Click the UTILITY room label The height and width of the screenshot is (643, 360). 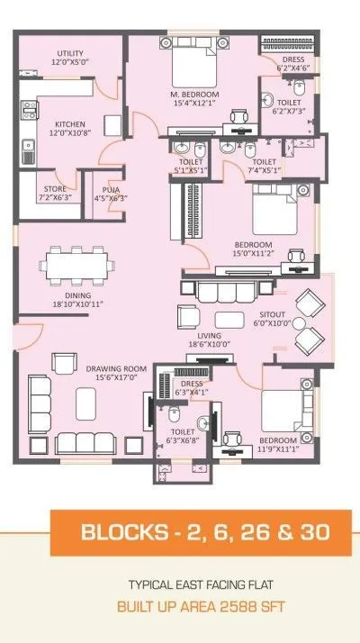coord(69,53)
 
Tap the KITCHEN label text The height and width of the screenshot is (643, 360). coord(70,124)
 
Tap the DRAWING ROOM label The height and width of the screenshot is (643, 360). coord(117,368)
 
